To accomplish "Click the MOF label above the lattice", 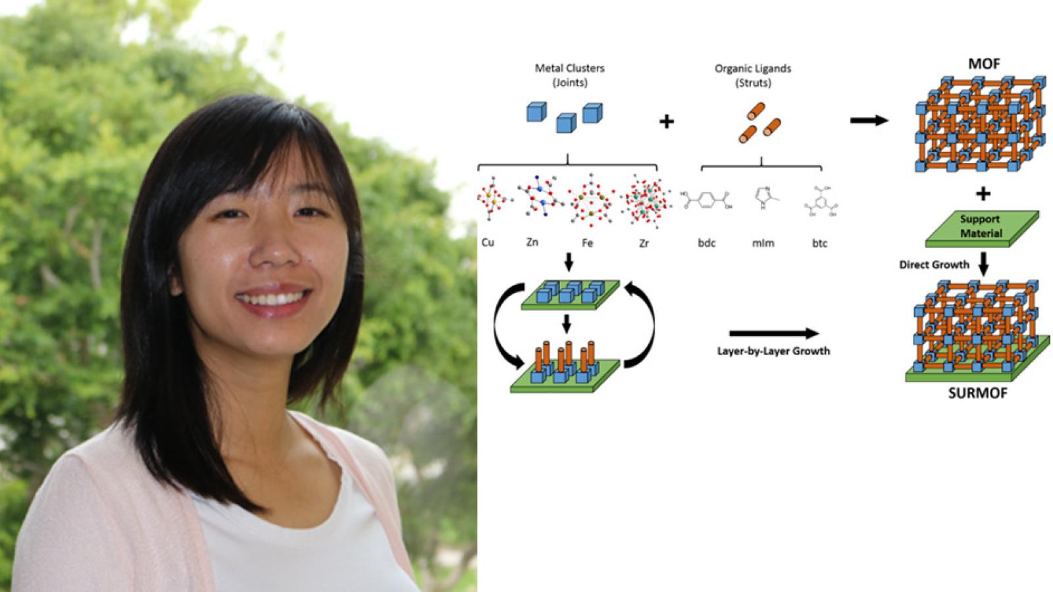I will (x=983, y=64).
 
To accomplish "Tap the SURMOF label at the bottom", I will (x=977, y=393).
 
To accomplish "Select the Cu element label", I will (x=488, y=243).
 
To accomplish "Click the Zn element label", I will (x=532, y=242).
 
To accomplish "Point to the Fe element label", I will (x=587, y=243).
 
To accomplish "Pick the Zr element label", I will (x=644, y=243).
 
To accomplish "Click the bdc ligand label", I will (x=707, y=243).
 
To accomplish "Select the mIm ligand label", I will (x=763, y=243).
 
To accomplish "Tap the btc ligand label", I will (x=819, y=243).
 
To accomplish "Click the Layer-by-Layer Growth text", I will (x=773, y=351).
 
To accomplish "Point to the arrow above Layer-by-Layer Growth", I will (x=774, y=333).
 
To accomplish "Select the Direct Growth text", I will (x=934, y=264).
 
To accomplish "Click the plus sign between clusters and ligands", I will (x=666, y=122).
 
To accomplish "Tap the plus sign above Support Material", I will (x=983, y=193).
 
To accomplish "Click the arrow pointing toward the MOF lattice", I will (x=869, y=120).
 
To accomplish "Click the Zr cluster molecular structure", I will (x=644, y=200).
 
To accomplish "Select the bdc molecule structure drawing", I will (x=707, y=200).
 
